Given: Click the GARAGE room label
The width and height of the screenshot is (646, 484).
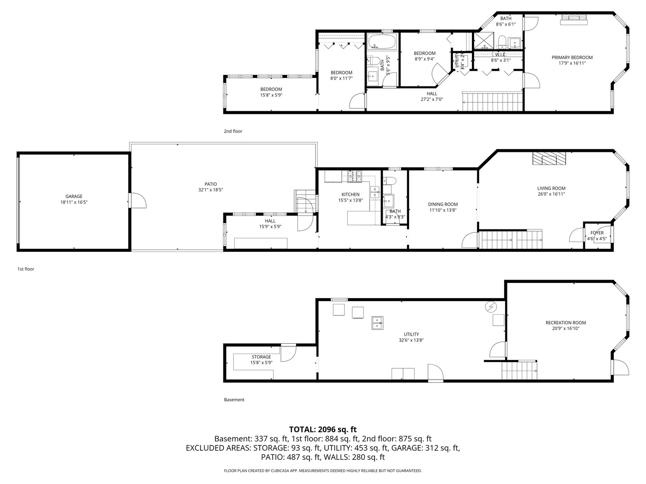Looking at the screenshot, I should pyautogui.click(x=74, y=196).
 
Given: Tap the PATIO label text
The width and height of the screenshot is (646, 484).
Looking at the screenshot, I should pyautogui.click(x=210, y=184).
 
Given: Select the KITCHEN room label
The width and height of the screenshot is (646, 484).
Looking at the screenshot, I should pyautogui.click(x=350, y=194).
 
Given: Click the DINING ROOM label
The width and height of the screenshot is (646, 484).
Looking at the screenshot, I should pyautogui.click(x=443, y=204).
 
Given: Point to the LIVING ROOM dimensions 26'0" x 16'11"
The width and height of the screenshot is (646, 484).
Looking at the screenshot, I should pyautogui.click(x=551, y=194).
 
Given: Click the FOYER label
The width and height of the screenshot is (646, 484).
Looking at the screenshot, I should pyautogui.click(x=597, y=233).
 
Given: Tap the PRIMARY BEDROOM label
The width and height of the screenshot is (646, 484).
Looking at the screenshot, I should pyautogui.click(x=572, y=57).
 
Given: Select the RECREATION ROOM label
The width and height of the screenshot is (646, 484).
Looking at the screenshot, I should pyautogui.click(x=565, y=323).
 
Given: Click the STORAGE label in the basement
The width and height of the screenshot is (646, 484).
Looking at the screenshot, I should pyautogui.click(x=261, y=357).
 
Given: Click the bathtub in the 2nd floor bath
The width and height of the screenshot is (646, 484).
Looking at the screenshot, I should pyautogui.click(x=382, y=43).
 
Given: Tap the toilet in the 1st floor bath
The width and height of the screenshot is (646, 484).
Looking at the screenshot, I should pyautogui.click(x=390, y=181).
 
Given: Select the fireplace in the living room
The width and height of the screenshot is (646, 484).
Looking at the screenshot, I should pyautogui.click(x=550, y=159).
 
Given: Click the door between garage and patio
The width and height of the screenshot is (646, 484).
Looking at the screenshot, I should pyautogui.click(x=137, y=201).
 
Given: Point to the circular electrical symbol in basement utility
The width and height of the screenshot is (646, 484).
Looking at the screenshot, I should pyautogui.click(x=491, y=307).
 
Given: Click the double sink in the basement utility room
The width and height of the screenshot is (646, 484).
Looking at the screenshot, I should pyautogui.click(x=378, y=323).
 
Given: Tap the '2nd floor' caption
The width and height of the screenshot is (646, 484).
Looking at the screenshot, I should pyautogui.click(x=233, y=131).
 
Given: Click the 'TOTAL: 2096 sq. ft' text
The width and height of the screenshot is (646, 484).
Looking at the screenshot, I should pyautogui.click(x=323, y=429).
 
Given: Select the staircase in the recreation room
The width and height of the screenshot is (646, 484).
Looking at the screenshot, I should pyautogui.click(x=519, y=370).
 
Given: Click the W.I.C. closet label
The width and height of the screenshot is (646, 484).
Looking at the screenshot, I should pyautogui.click(x=501, y=54).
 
